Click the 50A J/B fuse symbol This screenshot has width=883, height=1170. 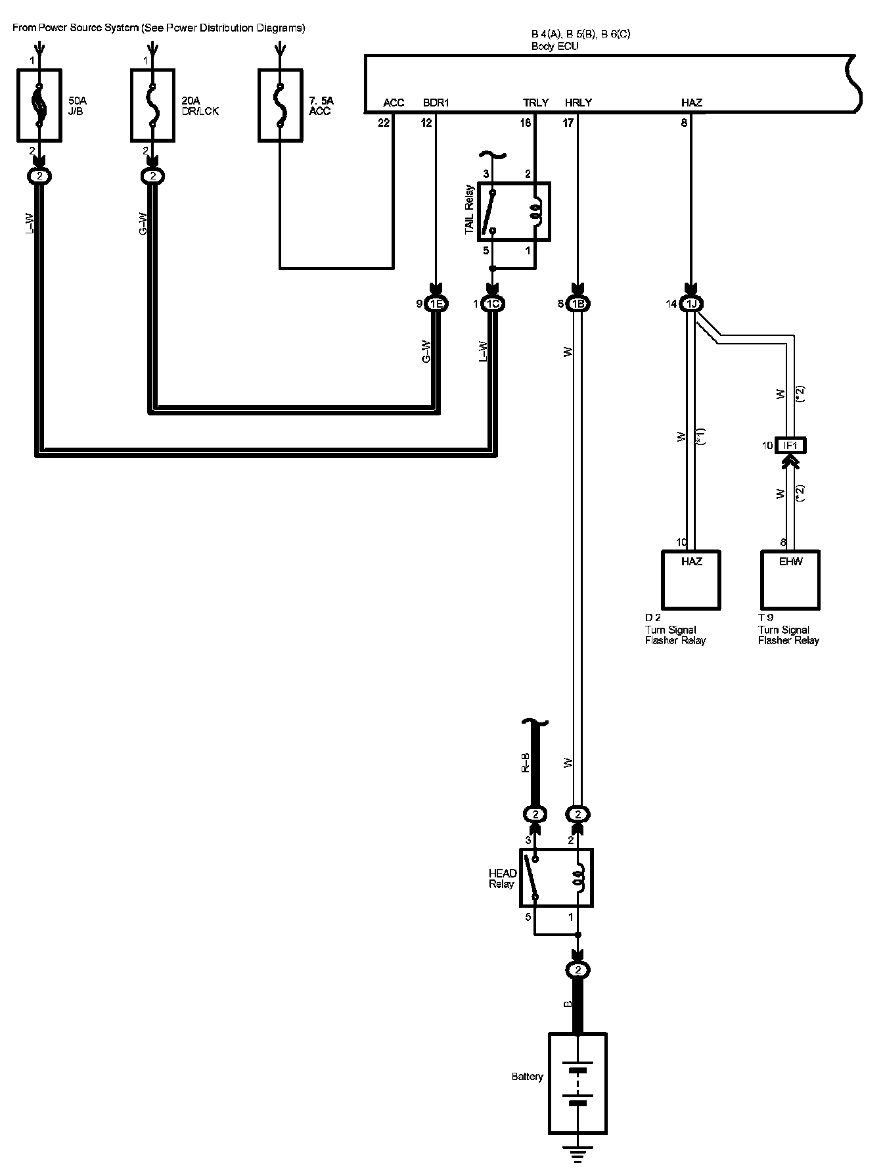(x=39, y=105)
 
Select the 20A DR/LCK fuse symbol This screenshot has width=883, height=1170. (x=152, y=105)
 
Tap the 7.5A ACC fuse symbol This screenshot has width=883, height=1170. (x=281, y=105)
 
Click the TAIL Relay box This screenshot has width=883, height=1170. (x=514, y=212)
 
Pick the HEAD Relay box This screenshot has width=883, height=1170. (x=556, y=878)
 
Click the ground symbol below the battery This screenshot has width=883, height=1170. (x=577, y=1154)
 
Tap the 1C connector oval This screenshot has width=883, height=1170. (x=492, y=304)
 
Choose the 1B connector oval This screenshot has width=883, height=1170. (x=577, y=304)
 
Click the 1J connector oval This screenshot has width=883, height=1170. (x=691, y=304)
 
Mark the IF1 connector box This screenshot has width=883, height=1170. (x=790, y=445)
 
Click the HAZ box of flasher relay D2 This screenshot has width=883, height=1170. (x=691, y=579)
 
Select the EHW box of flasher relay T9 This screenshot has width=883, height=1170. (x=790, y=579)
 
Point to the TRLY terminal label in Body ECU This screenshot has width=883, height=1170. (x=535, y=103)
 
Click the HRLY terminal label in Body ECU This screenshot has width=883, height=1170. (x=578, y=103)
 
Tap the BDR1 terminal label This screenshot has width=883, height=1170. (x=436, y=103)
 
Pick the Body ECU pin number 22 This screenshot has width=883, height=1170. (x=384, y=123)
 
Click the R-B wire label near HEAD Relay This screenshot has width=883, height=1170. (x=526, y=762)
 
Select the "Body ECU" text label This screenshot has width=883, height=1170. (x=555, y=47)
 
